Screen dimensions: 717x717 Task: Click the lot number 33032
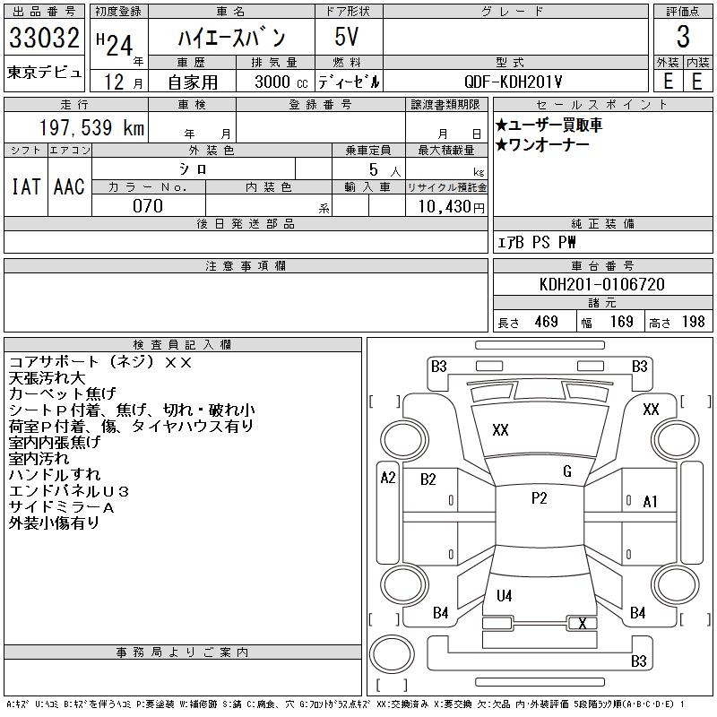click(x=44, y=39)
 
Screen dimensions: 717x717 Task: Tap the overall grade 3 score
click(x=683, y=38)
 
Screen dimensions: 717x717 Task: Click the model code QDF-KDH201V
click(x=514, y=81)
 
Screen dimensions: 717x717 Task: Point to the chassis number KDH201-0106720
click(x=603, y=284)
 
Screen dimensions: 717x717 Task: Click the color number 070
click(x=147, y=206)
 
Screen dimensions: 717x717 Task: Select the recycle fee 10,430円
click(x=446, y=206)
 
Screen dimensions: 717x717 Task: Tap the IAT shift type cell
click(x=25, y=186)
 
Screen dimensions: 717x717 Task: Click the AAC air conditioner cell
click(x=69, y=186)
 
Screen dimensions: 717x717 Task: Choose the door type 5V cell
click(x=348, y=39)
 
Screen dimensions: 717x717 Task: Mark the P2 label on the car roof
click(x=539, y=498)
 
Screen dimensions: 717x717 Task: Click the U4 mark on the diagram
click(x=505, y=595)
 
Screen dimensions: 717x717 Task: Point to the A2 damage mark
click(x=387, y=478)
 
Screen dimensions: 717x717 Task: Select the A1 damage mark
click(x=651, y=502)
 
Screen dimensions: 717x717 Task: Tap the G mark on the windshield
click(x=566, y=471)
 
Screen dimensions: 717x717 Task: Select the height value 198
click(x=693, y=322)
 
